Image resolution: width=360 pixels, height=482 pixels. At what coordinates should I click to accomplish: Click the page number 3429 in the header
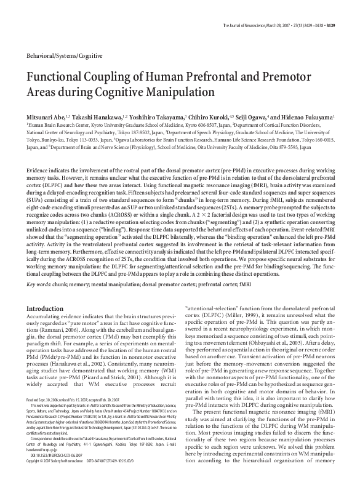coord(346,9)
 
